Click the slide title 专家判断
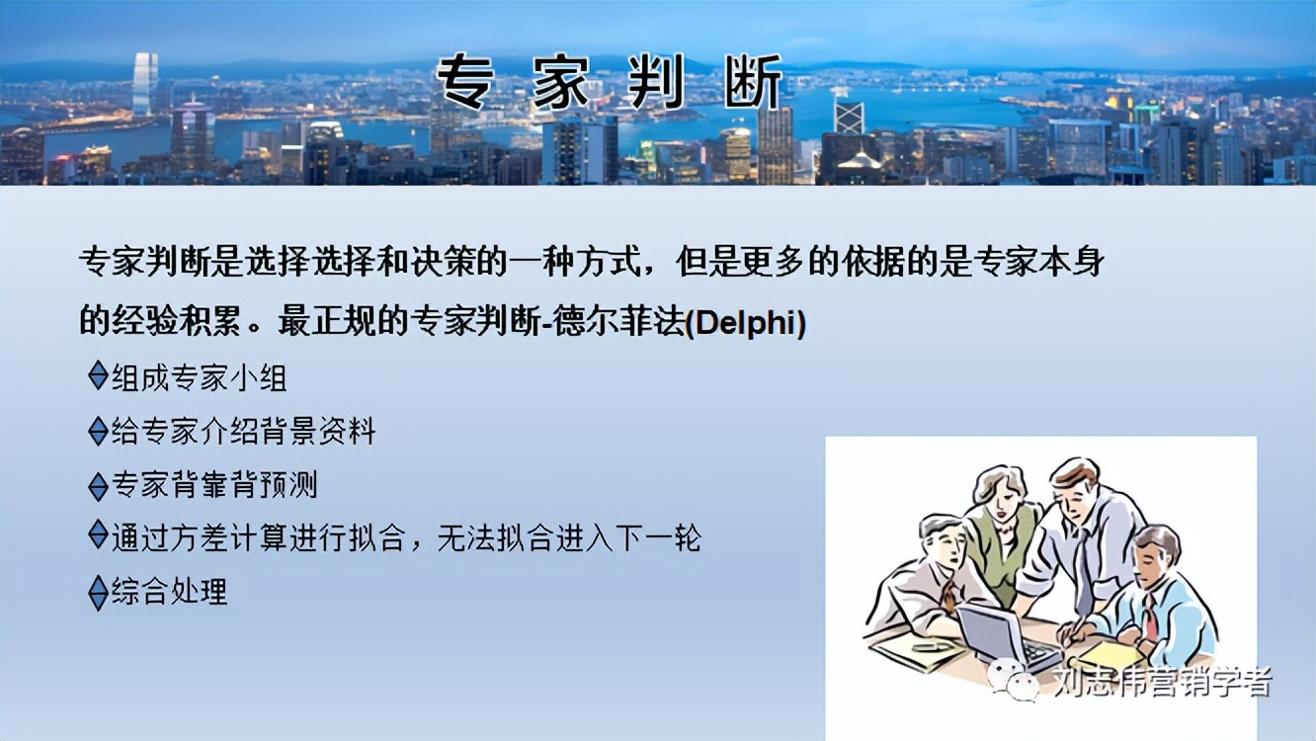pos(610,82)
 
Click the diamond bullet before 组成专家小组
pos(98,375)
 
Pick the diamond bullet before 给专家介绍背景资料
pos(98,431)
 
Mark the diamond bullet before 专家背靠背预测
pos(98,485)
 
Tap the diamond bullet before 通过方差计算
pos(98,535)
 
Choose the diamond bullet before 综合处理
pos(98,592)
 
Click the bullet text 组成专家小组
pos(200,377)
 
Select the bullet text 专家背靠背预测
pos(214,485)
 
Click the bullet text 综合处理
pos(170,592)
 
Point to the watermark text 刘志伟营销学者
pos(1162,683)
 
